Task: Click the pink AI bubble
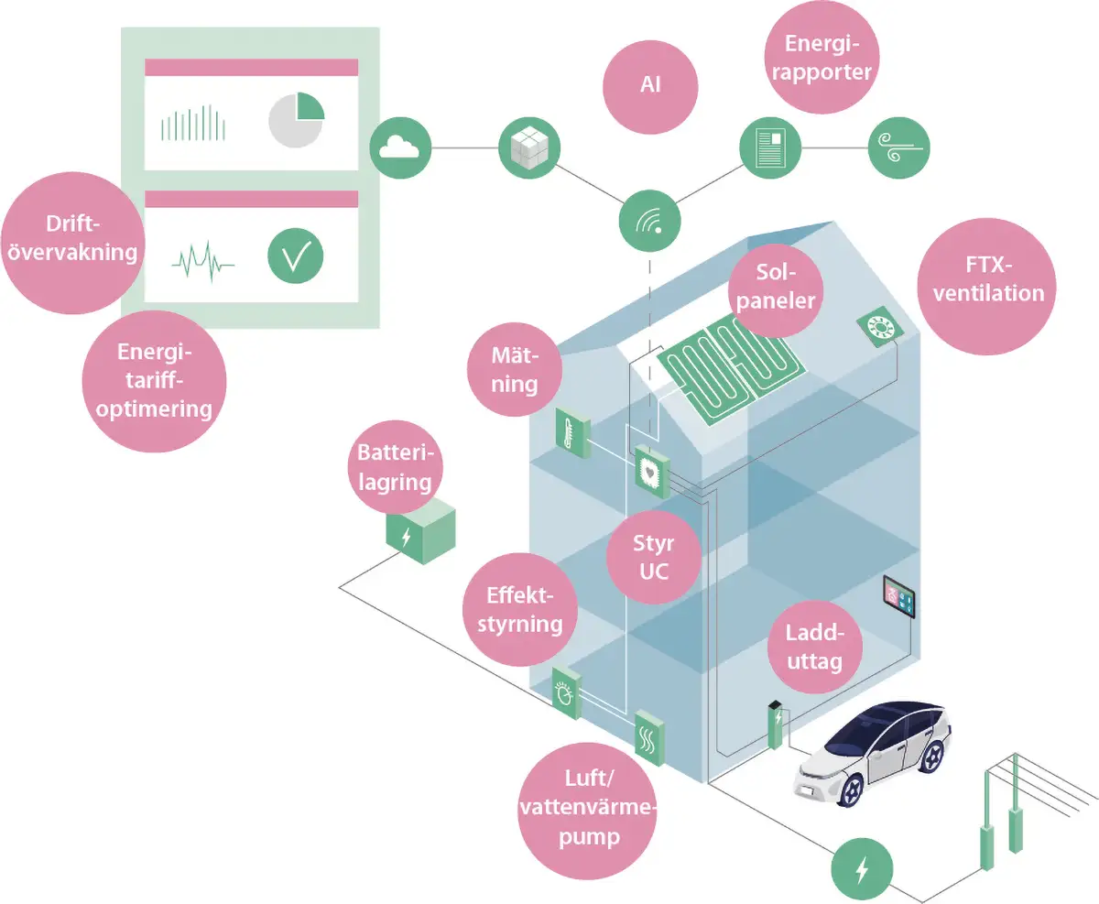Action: (650, 87)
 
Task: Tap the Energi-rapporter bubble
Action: (822, 57)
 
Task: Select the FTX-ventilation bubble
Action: (987, 286)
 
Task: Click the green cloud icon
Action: (400, 148)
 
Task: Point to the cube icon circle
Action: (529, 148)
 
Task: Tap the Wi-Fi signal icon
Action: (650, 221)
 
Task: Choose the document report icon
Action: (770, 148)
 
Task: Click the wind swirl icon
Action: (899, 148)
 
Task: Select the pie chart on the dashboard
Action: (296, 120)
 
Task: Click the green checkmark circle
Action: (296, 256)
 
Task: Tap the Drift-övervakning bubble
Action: (73, 243)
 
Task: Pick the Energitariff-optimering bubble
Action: (154, 381)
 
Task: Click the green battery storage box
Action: (420, 531)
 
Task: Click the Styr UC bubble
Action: (654, 557)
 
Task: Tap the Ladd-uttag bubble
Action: (815, 648)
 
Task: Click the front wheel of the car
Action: (851, 790)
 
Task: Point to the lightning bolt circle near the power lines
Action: (862, 869)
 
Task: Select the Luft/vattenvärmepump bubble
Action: (587, 811)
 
